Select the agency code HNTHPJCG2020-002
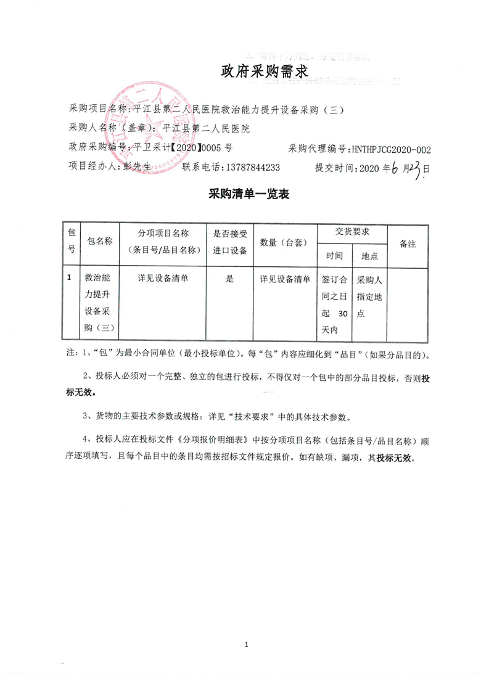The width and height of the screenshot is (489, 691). pyautogui.click(x=390, y=149)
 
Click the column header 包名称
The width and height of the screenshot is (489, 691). pyautogui.click(x=99, y=242)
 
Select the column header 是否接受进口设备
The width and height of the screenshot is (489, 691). pyautogui.click(x=229, y=242)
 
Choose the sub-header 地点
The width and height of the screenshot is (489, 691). pyautogui.click(x=369, y=255)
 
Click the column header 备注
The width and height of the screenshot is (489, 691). pyautogui.click(x=408, y=243)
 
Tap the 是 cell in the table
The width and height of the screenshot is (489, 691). pyautogui.click(x=229, y=279)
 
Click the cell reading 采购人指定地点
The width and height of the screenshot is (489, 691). pyautogui.click(x=369, y=296)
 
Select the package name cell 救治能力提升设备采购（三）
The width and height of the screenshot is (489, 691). pyautogui.click(x=99, y=302)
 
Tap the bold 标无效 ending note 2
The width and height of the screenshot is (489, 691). pyautogui.click(x=81, y=393)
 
